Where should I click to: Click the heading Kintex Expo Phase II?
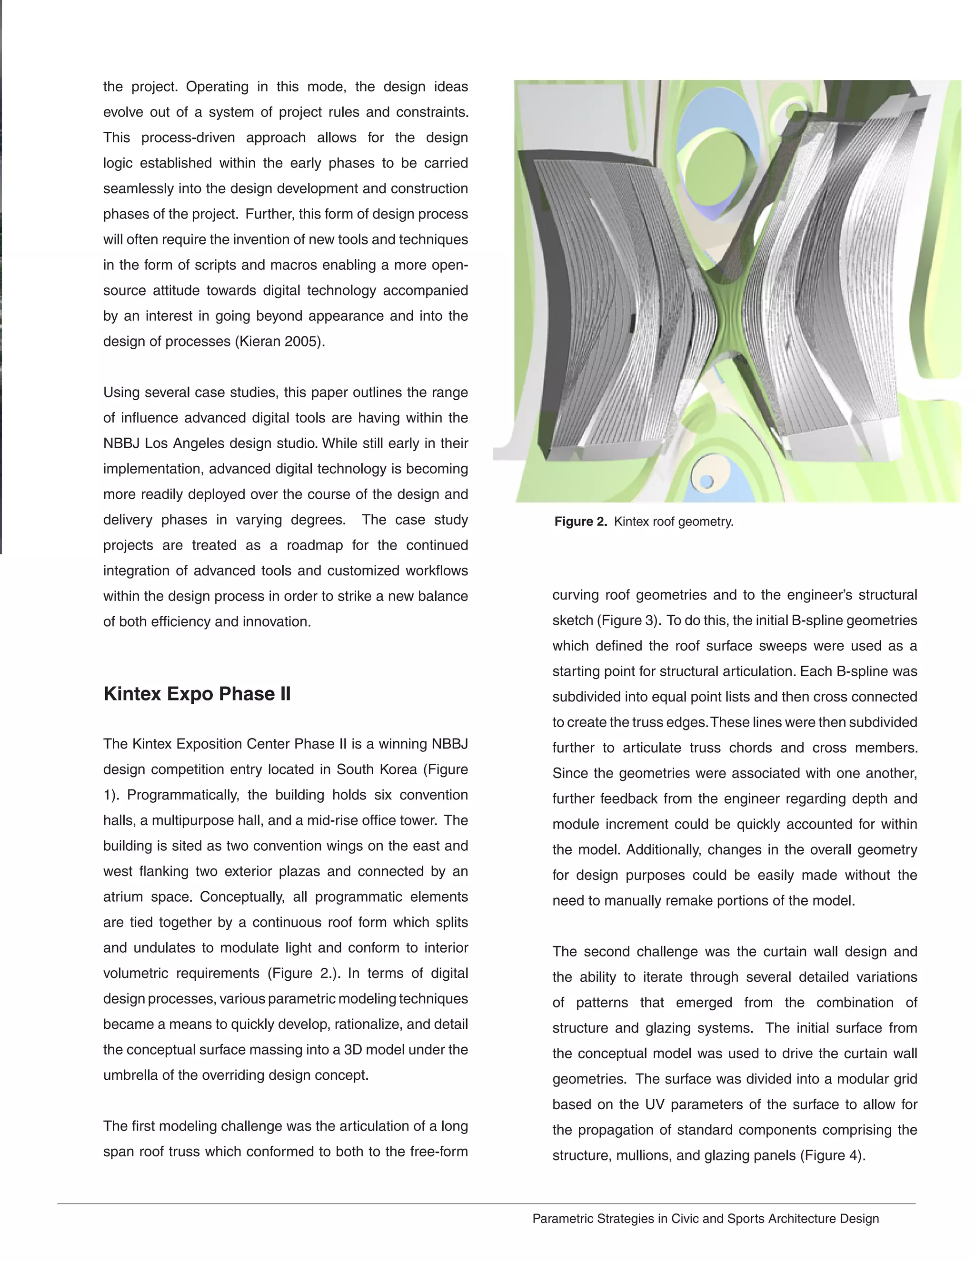[197, 693]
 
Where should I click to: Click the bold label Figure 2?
[580, 522]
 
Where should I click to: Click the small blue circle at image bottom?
[706, 481]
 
